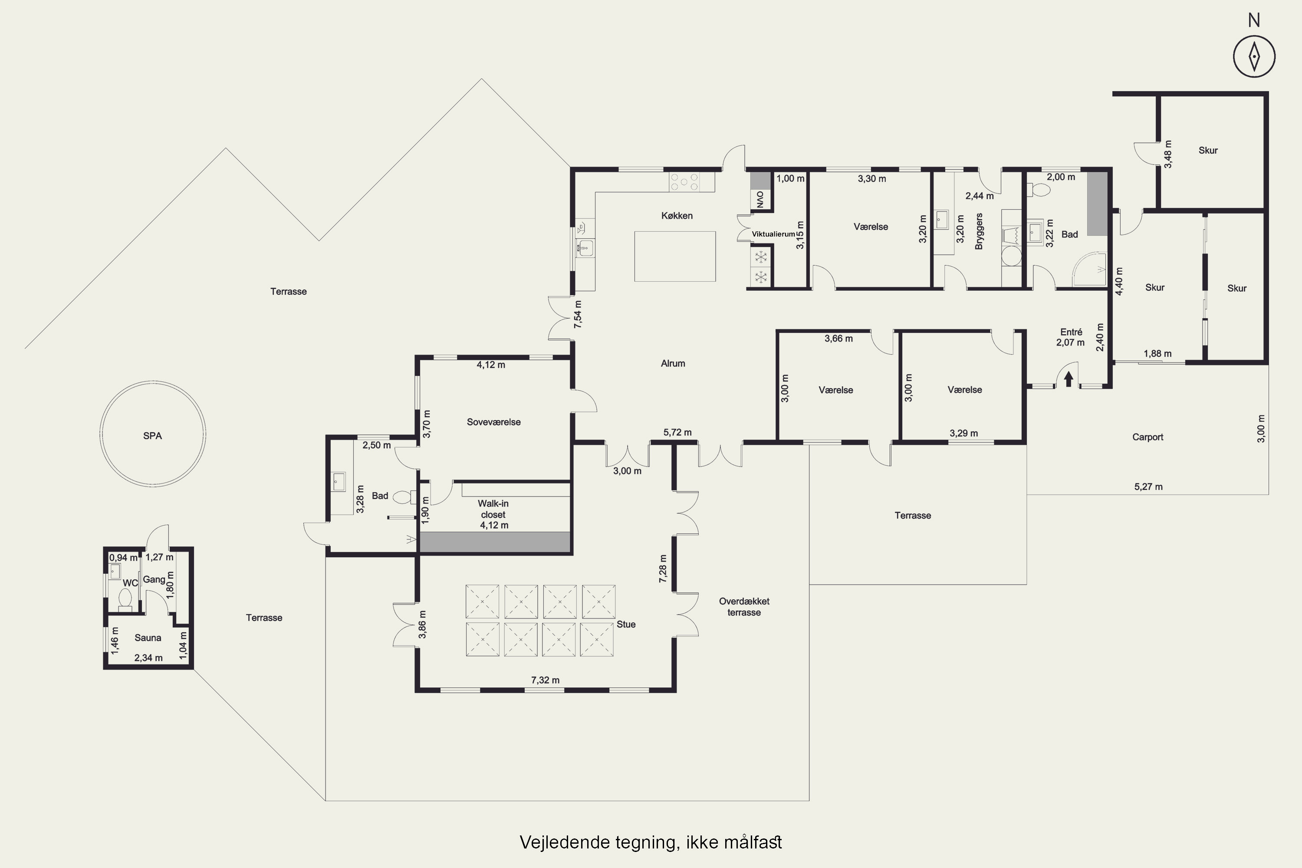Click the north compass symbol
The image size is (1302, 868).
click(x=1254, y=56)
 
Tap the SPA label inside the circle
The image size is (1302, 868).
click(x=152, y=436)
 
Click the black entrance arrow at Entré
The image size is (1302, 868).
click(x=1069, y=378)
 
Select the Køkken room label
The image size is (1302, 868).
click(x=677, y=215)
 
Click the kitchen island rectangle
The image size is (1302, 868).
click(x=675, y=256)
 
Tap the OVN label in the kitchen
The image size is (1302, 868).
click(x=760, y=199)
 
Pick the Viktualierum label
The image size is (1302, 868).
click(x=773, y=234)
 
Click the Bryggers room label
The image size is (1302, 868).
click(x=979, y=231)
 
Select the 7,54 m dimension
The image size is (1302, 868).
click(x=578, y=314)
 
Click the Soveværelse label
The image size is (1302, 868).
click(x=494, y=422)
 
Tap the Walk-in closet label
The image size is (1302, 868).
click(x=493, y=509)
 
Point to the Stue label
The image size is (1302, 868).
click(x=626, y=624)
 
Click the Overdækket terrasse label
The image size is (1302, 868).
click(x=744, y=607)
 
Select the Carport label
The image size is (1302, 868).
click(x=1147, y=437)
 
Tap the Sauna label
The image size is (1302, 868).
click(x=148, y=638)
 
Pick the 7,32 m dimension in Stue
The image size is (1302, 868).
click(x=545, y=680)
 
